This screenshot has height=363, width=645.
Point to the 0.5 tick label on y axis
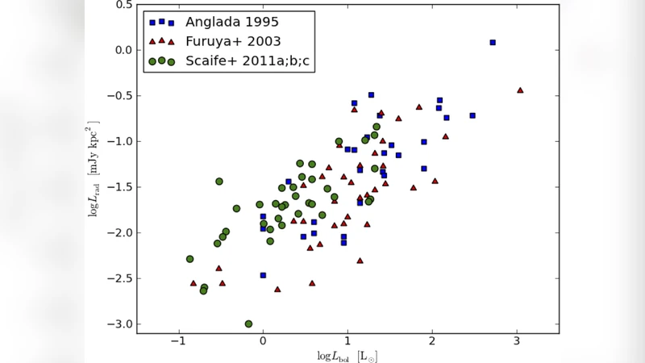point(123,5)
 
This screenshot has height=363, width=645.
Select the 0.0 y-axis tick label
point(123,50)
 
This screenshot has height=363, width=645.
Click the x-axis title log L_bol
point(347,356)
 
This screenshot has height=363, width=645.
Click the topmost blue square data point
point(493,42)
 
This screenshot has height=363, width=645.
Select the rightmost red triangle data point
point(520,90)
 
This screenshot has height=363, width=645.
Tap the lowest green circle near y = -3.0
point(248,323)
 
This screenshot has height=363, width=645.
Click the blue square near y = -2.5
point(263,275)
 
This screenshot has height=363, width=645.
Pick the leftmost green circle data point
point(189,259)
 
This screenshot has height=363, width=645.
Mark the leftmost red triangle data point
point(193,283)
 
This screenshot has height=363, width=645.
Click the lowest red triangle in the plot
point(277,289)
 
